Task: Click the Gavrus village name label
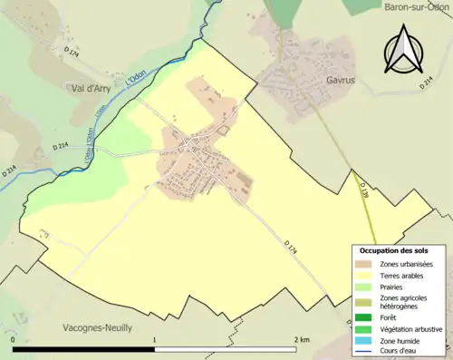coord(339,80)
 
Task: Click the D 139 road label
coord(362,190)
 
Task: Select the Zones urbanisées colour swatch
coord(367,264)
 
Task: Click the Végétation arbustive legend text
coord(411,329)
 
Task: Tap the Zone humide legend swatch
coord(367,341)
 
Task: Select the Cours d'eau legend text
coord(400,352)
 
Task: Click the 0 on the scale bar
coord(14,339)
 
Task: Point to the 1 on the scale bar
coord(155,339)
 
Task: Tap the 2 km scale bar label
coord(301,339)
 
